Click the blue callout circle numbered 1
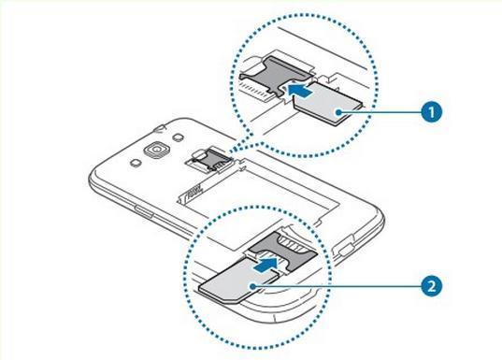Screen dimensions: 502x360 (431, 112)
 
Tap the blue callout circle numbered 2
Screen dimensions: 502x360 (431, 286)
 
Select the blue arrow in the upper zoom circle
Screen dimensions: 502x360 (299, 89)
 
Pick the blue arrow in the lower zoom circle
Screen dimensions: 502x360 (265, 266)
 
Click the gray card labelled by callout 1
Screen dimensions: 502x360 (328, 103)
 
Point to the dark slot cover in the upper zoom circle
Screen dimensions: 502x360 (276, 74)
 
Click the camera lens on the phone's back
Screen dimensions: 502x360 (156, 150)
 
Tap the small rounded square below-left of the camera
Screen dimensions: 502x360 (136, 163)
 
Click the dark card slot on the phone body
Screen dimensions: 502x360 (208, 160)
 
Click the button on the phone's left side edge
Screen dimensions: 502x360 (144, 211)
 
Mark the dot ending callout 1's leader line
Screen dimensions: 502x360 (338, 112)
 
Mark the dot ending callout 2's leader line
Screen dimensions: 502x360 (253, 285)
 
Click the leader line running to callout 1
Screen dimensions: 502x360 (380, 112)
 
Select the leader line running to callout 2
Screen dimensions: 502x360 (337, 285)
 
